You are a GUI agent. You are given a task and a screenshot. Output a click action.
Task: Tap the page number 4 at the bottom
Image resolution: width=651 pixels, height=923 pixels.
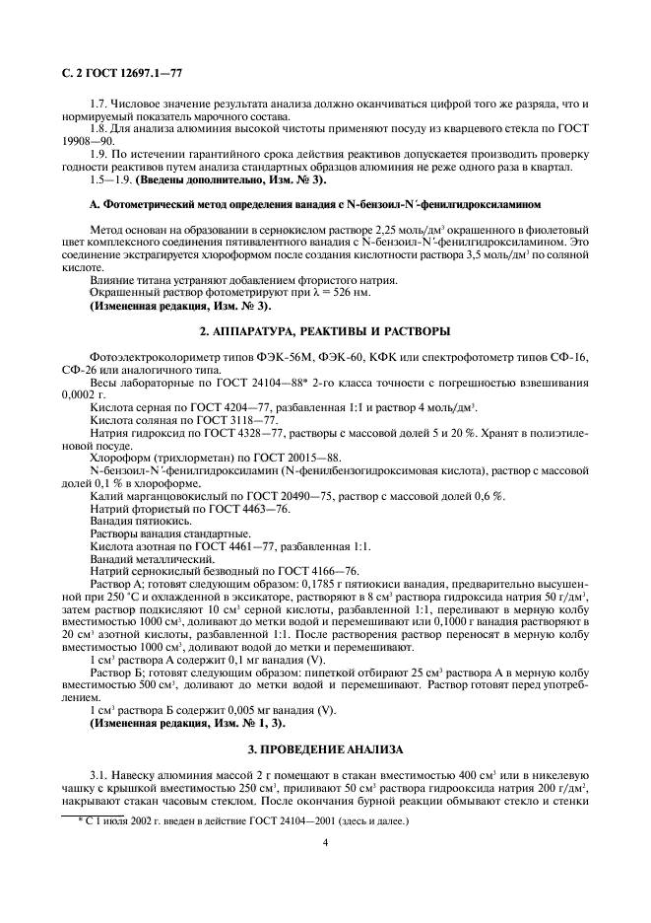pyautogui.click(x=325, y=841)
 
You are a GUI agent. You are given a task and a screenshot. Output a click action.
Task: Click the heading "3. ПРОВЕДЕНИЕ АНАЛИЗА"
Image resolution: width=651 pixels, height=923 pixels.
pyautogui.click(x=325, y=749)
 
